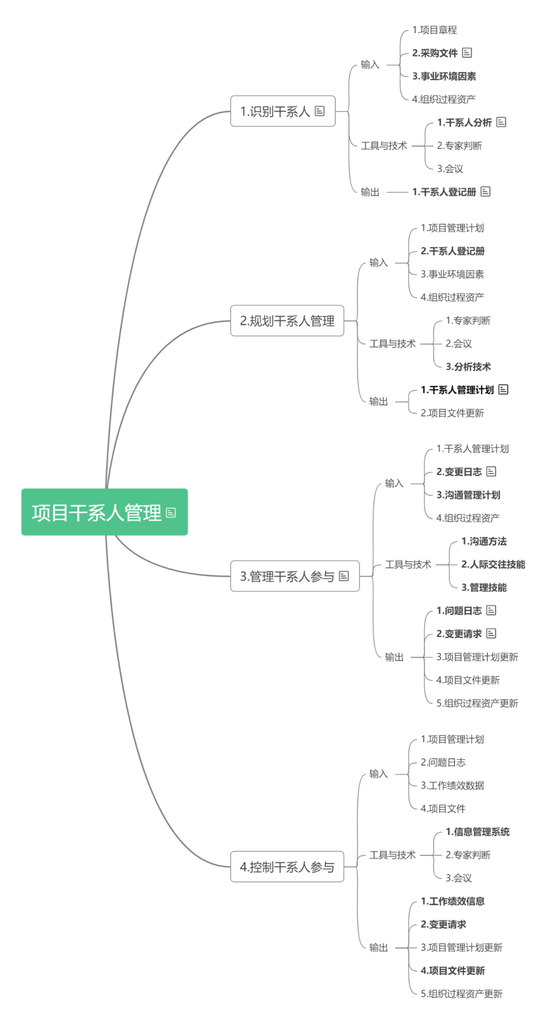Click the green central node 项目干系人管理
tap(97, 513)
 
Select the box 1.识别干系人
tap(275, 111)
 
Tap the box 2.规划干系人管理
tap(287, 321)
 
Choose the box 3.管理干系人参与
tap(287, 576)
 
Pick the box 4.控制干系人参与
tap(287, 867)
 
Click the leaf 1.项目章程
tap(435, 30)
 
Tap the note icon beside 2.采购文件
tap(467, 53)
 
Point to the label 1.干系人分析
tap(464, 123)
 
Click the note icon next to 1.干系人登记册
tap(485, 191)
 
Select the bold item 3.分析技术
tap(468, 367)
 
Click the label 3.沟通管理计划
tap(468, 495)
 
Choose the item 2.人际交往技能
tap(493, 565)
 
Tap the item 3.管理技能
tap(484, 588)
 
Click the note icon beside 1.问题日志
tap(491, 610)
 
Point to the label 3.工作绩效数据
tap(452, 786)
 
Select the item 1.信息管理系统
tap(478, 832)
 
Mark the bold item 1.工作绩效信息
tap(453, 901)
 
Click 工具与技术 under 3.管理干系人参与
tap(408, 565)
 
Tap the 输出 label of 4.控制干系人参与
tap(379, 948)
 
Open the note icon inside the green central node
tap(171, 513)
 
